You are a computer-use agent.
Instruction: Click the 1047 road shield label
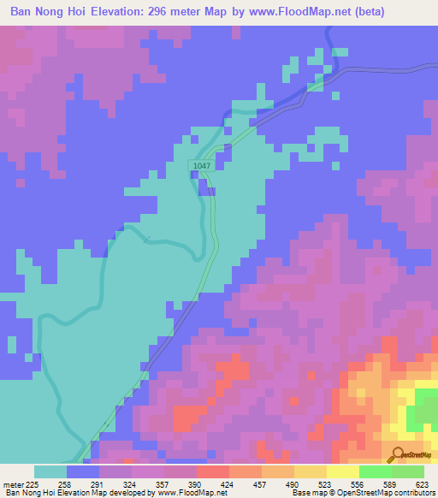[x=201, y=166]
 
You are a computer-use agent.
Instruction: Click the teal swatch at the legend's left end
[x=50, y=471]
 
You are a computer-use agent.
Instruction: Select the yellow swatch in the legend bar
[x=342, y=471]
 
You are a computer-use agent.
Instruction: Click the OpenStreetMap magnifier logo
[x=396, y=454]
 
